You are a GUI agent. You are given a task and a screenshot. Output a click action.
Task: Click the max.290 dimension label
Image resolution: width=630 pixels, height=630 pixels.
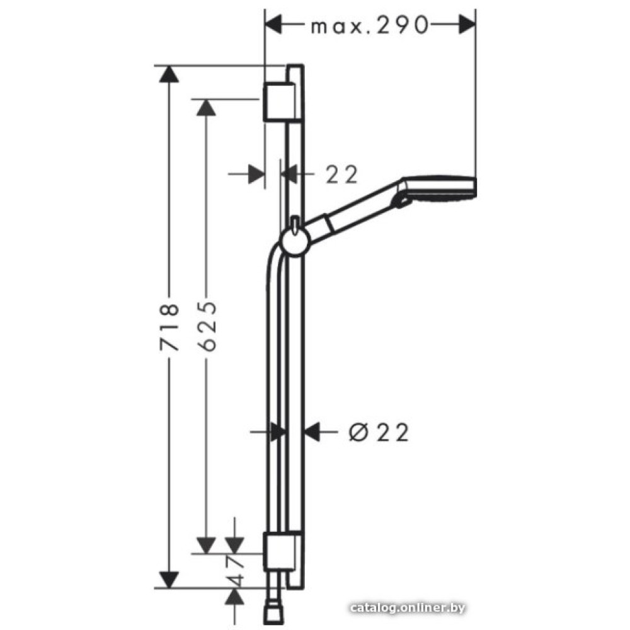click(370, 26)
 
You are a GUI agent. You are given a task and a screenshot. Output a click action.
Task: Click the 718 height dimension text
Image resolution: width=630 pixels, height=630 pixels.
click(169, 327)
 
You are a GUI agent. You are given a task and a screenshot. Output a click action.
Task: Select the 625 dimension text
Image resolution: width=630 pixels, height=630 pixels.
click(207, 326)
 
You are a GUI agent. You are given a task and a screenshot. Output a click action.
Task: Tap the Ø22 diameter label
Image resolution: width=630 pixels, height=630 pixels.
click(379, 432)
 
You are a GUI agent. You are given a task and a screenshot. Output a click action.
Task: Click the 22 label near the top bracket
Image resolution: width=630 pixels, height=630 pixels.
click(341, 175)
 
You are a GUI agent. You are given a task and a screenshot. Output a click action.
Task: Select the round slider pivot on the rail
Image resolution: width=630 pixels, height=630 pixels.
click(295, 242)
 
